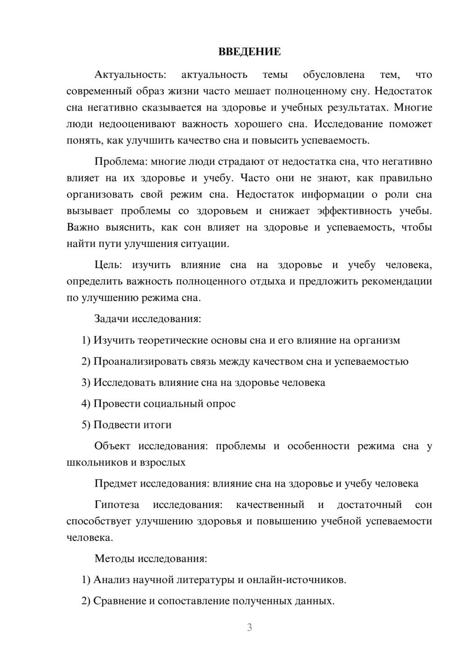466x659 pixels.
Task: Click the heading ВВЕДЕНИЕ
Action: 249,52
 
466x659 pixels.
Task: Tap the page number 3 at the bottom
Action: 249,627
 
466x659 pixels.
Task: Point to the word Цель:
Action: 108,265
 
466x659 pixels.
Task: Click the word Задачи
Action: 111,319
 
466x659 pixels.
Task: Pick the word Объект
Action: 112,446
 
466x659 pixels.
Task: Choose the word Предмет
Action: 116,483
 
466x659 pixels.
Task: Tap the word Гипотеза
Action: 116,505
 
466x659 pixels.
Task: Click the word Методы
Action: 113,558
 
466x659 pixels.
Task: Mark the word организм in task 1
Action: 377,340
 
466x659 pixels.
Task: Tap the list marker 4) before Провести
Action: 86,404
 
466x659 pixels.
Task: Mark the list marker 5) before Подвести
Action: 86,425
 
